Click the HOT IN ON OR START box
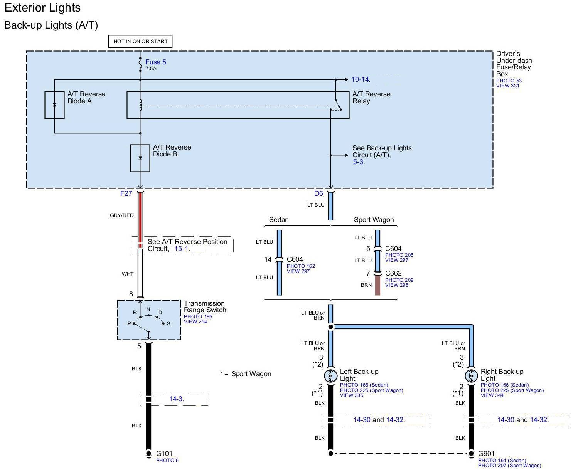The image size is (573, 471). pyautogui.click(x=140, y=41)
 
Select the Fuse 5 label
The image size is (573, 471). pyautogui.click(x=155, y=62)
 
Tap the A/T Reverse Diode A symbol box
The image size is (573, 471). pyautogui.click(x=54, y=105)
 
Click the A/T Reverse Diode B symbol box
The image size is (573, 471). pyautogui.click(x=140, y=158)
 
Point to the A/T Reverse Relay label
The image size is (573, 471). pyautogui.click(x=371, y=98)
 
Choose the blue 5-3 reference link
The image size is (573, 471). pyautogui.click(x=358, y=162)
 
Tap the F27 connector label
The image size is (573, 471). pyautogui.click(x=126, y=193)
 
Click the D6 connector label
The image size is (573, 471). pyautogui.click(x=319, y=193)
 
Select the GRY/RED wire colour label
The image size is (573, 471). pyautogui.click(x=122, y=215)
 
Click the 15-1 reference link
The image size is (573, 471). pyautogui.click(x=181, y=249)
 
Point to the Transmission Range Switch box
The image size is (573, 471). pyautogui.click(x=149, y=320)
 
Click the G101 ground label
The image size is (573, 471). pyautogui.click(x=164, y=454)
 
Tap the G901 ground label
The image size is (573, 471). pyautogui.click(x=486, y=454)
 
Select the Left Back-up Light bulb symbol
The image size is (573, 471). pyautogui.click(x=331, y=376)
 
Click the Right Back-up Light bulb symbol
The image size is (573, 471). pyautogui.click(x=471, y=376)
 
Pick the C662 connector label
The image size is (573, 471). pyautogui.click(x=393, y=273)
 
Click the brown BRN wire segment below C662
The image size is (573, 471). pyautogui.click(x=378, y=286)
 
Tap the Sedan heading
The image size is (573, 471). pyautogui.click(x=279, y=220)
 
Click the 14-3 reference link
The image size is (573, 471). pyautogui.click(x=176, y=399)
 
